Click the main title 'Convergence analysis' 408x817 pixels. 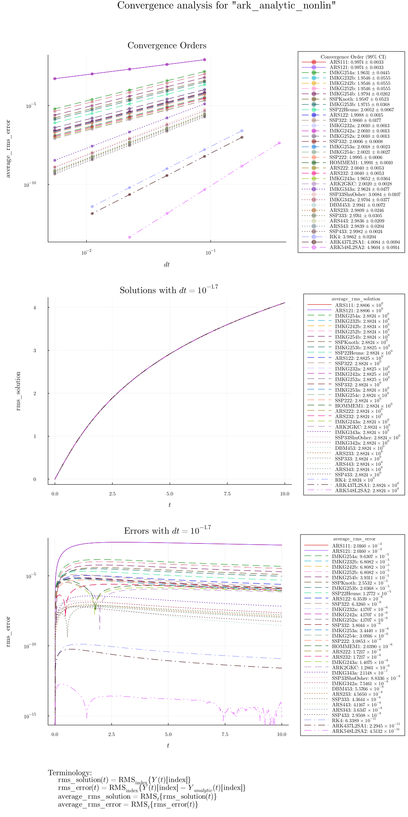click(x=226, y=6)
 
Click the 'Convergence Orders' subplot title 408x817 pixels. click(x=167, y=46)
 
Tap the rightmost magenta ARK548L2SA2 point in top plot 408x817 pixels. click(x=280, y=143)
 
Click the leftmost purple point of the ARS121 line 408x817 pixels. click(x=55, y=79)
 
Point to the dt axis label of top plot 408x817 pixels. click(x=167, y=265)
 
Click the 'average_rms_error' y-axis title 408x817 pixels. click(x=8, y=148)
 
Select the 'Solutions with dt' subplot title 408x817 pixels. click(x=169, y=290)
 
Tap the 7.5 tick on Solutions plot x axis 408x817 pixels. click(x=227, y=494)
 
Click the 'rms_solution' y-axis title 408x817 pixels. click(x=18, y=391)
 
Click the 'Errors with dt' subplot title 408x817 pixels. click(x=167, y=531)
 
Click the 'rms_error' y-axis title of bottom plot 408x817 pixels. click(x=8, y=631)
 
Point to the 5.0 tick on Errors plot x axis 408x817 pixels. click(x=168, y=734)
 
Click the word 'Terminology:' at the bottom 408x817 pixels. click(x=70, y=773)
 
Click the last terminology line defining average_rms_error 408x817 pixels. click(x=128, y=805)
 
